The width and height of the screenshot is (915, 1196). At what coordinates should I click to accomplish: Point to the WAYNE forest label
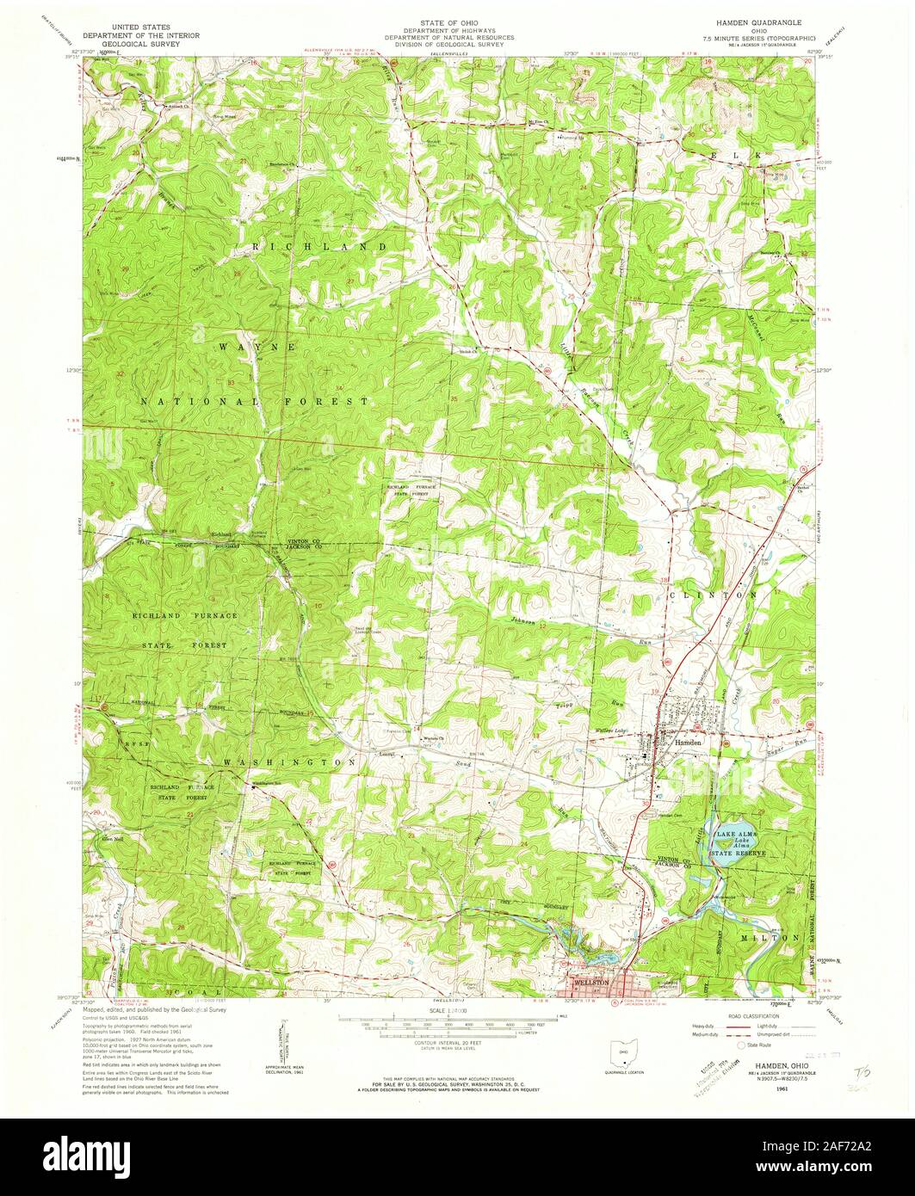click(257, 347)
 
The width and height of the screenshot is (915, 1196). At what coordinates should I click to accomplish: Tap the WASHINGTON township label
click(289, 763)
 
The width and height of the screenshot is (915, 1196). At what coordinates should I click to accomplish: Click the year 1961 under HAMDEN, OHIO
click(782, 1088)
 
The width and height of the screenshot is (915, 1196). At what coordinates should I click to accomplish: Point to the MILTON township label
click(774, 936)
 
